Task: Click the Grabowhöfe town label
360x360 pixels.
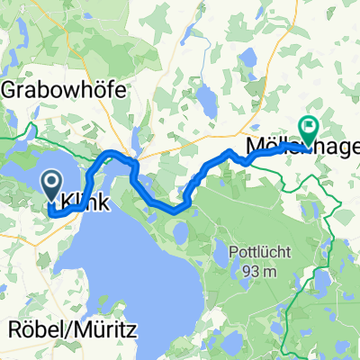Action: point(65,91)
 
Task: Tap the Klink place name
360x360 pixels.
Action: point(87,204)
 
